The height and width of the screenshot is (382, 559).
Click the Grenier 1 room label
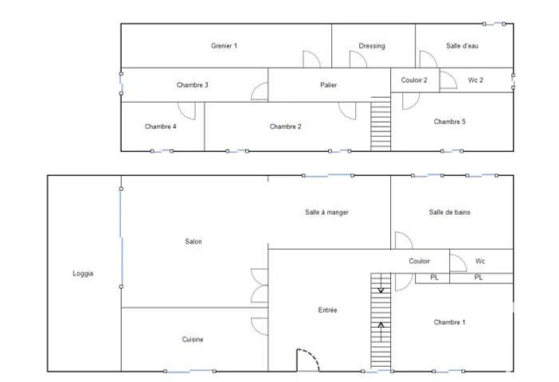point(224,45)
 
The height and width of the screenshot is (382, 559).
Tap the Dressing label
point(372,46)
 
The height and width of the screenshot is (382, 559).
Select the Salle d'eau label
point(462,45)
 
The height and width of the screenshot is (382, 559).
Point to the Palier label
point(328,85)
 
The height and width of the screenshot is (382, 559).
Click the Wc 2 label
point(475,80)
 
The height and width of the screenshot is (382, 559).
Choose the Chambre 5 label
point(450,122)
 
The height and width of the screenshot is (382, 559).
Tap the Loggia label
point(83,273)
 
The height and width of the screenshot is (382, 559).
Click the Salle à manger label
point(326,212)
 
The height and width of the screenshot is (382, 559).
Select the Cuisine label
point(193,339)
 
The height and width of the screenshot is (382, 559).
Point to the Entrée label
point(327,310)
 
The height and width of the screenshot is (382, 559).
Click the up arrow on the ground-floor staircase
point(381,331)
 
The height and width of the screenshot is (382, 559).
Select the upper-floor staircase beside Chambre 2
point(381,123)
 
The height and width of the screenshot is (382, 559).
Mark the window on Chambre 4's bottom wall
point(162,151)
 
